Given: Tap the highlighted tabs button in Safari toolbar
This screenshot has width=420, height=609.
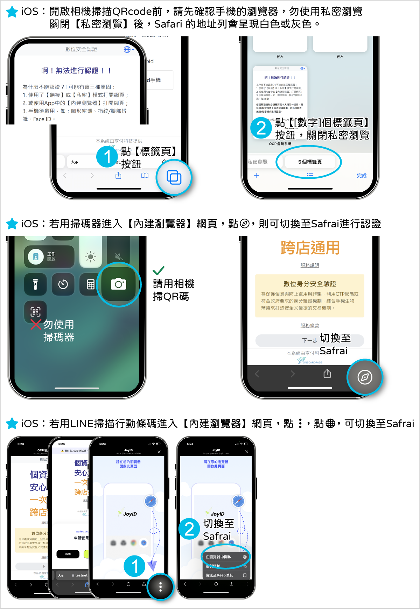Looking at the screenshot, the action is click(174, 177).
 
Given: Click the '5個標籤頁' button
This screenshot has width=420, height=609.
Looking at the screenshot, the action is click(310, 162).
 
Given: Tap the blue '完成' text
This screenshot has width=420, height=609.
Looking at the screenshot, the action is click(362, 176).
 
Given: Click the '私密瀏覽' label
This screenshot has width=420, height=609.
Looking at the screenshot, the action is click(258, 162).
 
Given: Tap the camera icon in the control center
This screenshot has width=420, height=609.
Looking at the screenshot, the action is click(118, 284).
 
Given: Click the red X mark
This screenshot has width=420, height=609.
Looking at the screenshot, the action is click(36, 325).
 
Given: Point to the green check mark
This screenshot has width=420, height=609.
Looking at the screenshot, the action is click(159, 271).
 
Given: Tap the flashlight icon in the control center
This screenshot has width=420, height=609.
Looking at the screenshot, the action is click(35, 284).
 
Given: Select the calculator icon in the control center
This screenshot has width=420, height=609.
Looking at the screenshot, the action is click(91, 284).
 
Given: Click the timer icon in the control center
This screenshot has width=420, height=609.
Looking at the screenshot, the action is click(63, 284).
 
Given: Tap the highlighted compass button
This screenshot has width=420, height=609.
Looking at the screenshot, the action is click(365, 377).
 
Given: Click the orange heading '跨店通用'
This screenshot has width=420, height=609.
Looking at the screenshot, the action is click(310, 248).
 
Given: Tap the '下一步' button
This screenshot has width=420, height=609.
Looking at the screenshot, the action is click(310, 340).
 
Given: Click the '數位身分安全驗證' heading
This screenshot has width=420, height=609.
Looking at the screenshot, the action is click(310, 284).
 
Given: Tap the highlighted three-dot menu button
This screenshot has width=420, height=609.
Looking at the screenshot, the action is click(161, 587).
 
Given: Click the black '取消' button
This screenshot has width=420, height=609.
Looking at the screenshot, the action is click(68, 554).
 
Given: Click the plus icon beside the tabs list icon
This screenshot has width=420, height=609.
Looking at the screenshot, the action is click(257, 176).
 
